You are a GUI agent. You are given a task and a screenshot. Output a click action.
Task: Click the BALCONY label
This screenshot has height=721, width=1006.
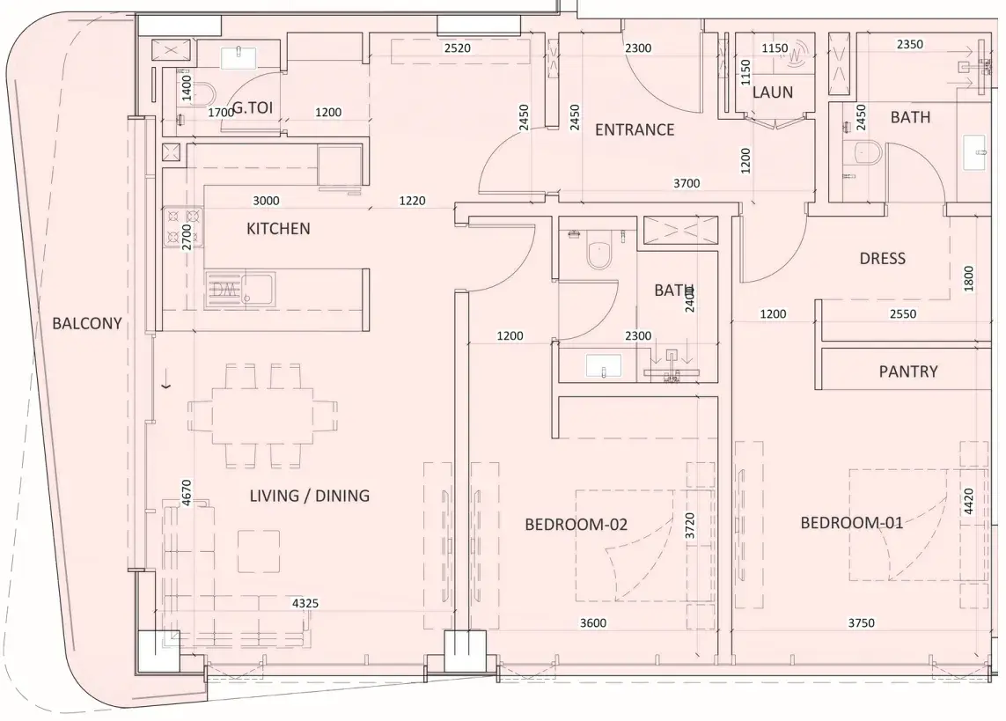coord(86,323)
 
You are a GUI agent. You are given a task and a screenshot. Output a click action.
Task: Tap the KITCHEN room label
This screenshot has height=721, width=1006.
coord(278,228)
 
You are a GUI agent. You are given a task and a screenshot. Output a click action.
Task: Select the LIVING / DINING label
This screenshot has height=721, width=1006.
coord(309,496)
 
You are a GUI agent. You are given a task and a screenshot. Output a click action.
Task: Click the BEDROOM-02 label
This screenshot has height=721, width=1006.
coord(576,525)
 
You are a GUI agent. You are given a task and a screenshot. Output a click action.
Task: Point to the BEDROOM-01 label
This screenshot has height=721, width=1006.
coord(851,523)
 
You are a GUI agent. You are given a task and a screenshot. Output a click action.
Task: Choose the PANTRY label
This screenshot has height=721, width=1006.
coord(907,372)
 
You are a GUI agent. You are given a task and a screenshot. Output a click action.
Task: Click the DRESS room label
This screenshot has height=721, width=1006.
coord(882,259)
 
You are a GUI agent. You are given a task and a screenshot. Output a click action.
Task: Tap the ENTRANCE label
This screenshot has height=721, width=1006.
coord(635,129)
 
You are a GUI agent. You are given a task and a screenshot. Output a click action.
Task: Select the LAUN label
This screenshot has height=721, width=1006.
coord(773,92)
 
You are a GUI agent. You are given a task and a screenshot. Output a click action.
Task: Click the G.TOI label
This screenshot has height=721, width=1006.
coord(252,107)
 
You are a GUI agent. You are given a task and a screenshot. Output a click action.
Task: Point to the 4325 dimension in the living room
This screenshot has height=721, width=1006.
coord(305,603)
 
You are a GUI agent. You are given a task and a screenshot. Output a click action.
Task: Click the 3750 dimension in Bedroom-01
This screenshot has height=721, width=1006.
coord(861,623)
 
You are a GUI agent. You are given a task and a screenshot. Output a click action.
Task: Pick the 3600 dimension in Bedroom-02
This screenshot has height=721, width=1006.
coord(593,623)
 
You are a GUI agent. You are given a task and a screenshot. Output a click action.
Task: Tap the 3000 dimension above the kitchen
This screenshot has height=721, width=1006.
coord(266,201)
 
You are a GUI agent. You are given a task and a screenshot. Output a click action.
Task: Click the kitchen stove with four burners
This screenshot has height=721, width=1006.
coord(183,225)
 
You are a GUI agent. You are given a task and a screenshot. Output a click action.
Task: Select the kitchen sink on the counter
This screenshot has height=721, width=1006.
coord(240,289)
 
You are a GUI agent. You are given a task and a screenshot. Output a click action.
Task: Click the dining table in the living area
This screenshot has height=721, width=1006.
coord(263,416)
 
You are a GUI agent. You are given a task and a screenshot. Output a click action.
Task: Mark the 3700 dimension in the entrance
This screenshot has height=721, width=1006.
coord(687,183)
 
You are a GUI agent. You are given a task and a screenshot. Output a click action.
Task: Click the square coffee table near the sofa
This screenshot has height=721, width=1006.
coord(259,551)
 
